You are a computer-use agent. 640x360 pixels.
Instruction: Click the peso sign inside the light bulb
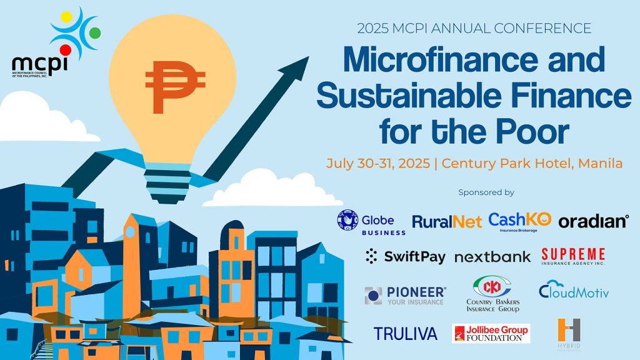[175, 87]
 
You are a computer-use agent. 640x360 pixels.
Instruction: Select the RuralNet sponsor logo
[447, 221]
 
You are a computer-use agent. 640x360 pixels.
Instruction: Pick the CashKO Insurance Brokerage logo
[520, 221]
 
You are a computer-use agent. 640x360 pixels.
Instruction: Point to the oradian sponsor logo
[593, 221]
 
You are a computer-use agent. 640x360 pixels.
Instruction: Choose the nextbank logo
[492, 257]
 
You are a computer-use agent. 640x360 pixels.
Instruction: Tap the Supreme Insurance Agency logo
[573, 256]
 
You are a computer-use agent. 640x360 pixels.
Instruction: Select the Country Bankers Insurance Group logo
[492, 294]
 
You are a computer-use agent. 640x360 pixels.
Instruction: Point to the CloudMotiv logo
[573, 292]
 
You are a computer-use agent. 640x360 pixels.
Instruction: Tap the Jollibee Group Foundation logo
[491, 334]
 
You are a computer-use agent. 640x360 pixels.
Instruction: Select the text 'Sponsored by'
[486, 192]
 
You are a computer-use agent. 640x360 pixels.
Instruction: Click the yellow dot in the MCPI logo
[66, 16]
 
